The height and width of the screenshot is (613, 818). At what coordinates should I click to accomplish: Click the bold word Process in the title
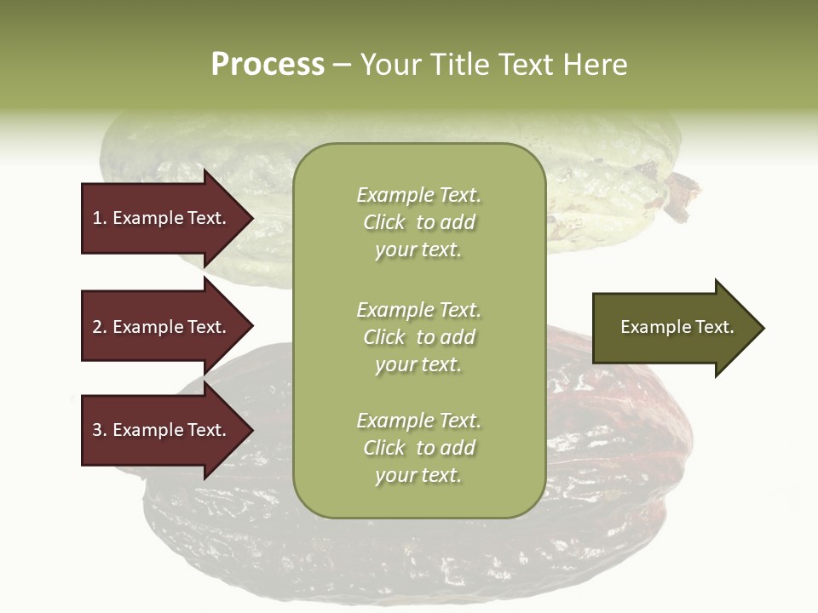[268, 64]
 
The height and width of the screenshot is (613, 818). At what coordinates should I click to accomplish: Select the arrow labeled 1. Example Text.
[162, 218]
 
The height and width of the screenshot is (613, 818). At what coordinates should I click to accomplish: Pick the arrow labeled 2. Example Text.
[162, 327]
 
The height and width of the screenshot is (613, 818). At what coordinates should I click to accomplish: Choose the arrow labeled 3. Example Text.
[162, 430]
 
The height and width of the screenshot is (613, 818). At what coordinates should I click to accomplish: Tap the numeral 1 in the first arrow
[97, 218]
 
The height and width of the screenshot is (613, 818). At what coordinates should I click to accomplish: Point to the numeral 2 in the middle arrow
[97, 327]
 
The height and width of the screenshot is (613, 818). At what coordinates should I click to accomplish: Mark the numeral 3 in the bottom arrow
[97, 430]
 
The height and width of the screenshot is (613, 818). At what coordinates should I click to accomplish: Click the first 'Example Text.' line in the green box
[418, 195]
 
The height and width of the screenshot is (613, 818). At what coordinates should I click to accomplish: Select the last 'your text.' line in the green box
[418, 475]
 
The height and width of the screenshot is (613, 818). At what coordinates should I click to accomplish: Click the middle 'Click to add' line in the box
[418, 337]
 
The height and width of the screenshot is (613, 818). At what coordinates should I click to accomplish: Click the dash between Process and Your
[342, 64]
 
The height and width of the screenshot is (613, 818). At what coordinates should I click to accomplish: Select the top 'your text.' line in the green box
[418, 249]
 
